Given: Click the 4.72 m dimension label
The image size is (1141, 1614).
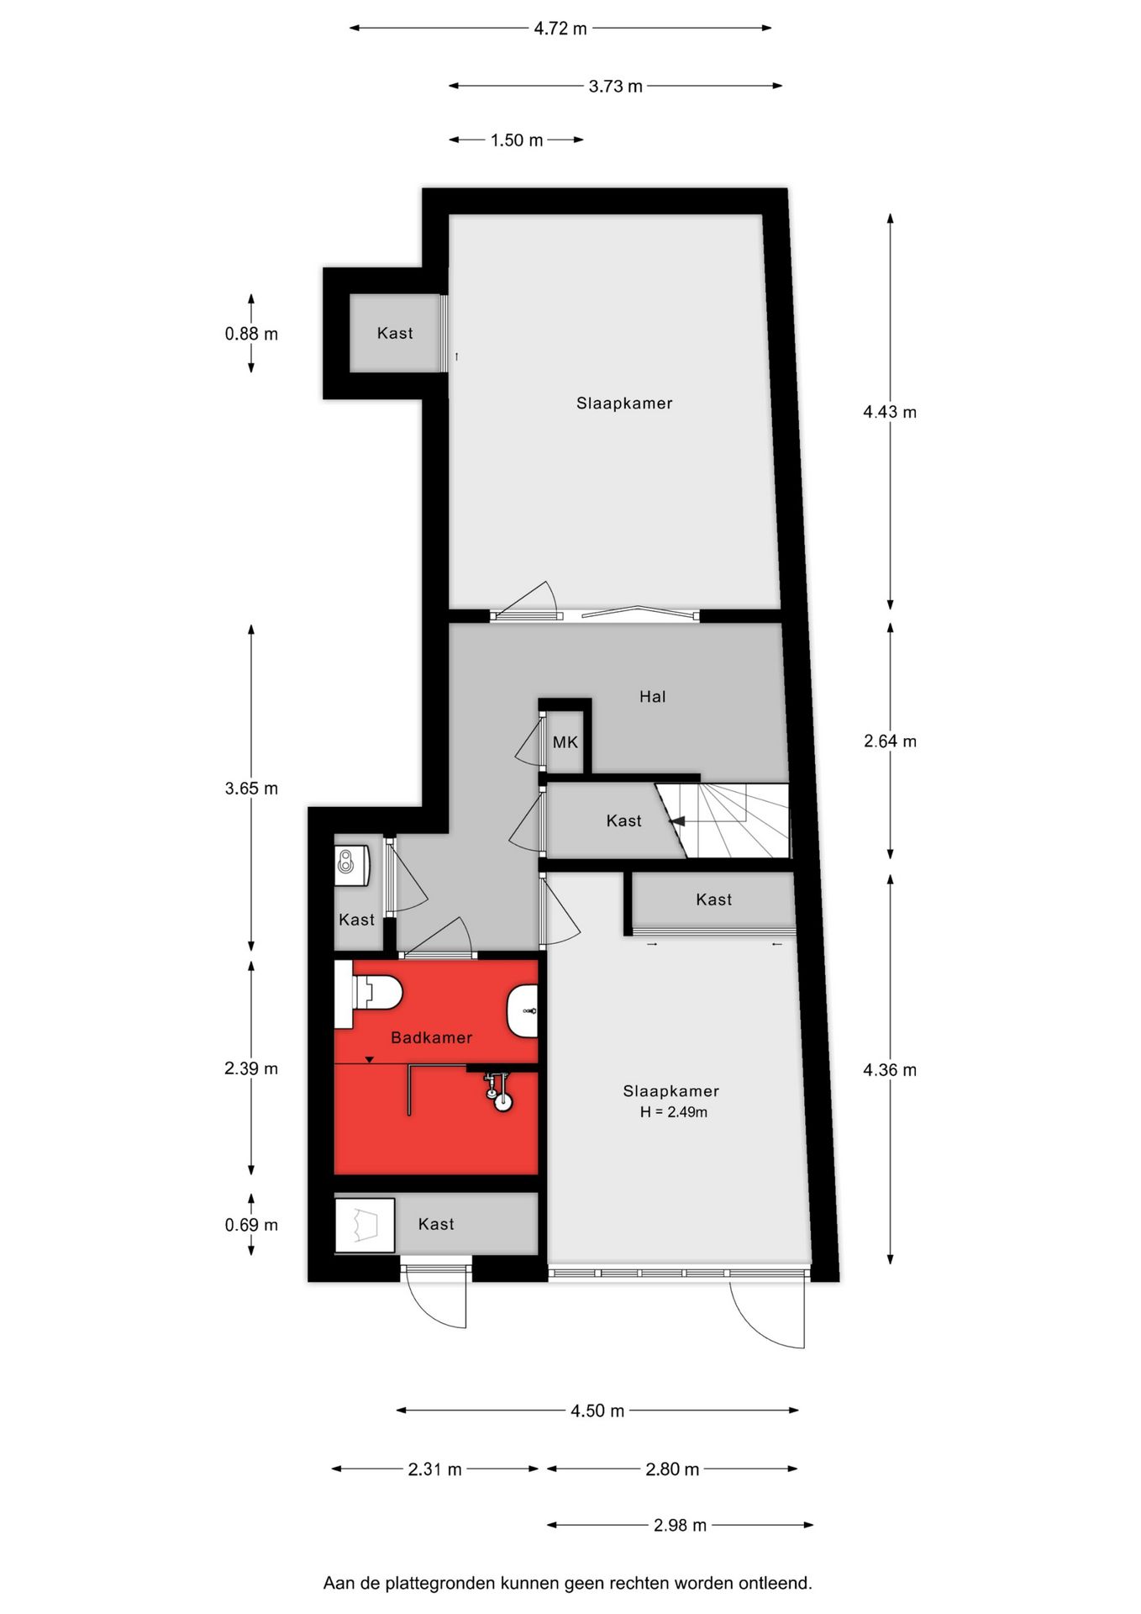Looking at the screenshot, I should click(x=560, y=29).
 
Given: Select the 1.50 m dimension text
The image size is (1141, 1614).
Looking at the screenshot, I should click(x=516, y=140).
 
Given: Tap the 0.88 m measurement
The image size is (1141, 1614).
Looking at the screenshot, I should click(x=250, y=334).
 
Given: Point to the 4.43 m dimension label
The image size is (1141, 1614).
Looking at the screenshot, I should click(x=890, y=412).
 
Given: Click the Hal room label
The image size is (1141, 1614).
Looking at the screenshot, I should click(x=652, y=696).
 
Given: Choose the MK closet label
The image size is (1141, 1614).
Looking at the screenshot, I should click(x=565, y=742).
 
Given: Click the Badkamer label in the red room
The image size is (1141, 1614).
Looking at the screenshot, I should click(x=431, y=1037).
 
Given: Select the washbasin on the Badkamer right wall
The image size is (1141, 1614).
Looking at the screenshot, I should click(x=523, y=1010).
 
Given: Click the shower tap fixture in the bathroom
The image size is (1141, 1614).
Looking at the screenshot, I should click(x=499, y=1093).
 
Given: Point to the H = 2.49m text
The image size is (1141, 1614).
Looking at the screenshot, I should click(x=673, y=1112).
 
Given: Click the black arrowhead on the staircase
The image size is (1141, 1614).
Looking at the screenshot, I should click(x=676, y=821).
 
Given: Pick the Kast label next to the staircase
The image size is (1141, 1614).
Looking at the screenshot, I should click(x=623, y=820).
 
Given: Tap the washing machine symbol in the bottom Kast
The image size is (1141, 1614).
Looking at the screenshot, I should click(x=365, y=1225).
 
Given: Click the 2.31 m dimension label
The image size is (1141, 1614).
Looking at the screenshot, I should click(x=434, y=1469).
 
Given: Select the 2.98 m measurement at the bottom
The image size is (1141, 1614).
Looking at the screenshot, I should click(x=680, y=1525).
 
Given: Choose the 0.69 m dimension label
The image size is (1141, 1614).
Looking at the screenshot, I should click(x=250, y=1225).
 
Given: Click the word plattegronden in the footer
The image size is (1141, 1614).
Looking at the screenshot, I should click(x=439, y=1583).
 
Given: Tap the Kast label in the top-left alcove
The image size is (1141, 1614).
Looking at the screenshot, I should click(x=394, y=333).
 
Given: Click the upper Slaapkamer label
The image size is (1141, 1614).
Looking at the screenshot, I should click(x=624, y=403).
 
